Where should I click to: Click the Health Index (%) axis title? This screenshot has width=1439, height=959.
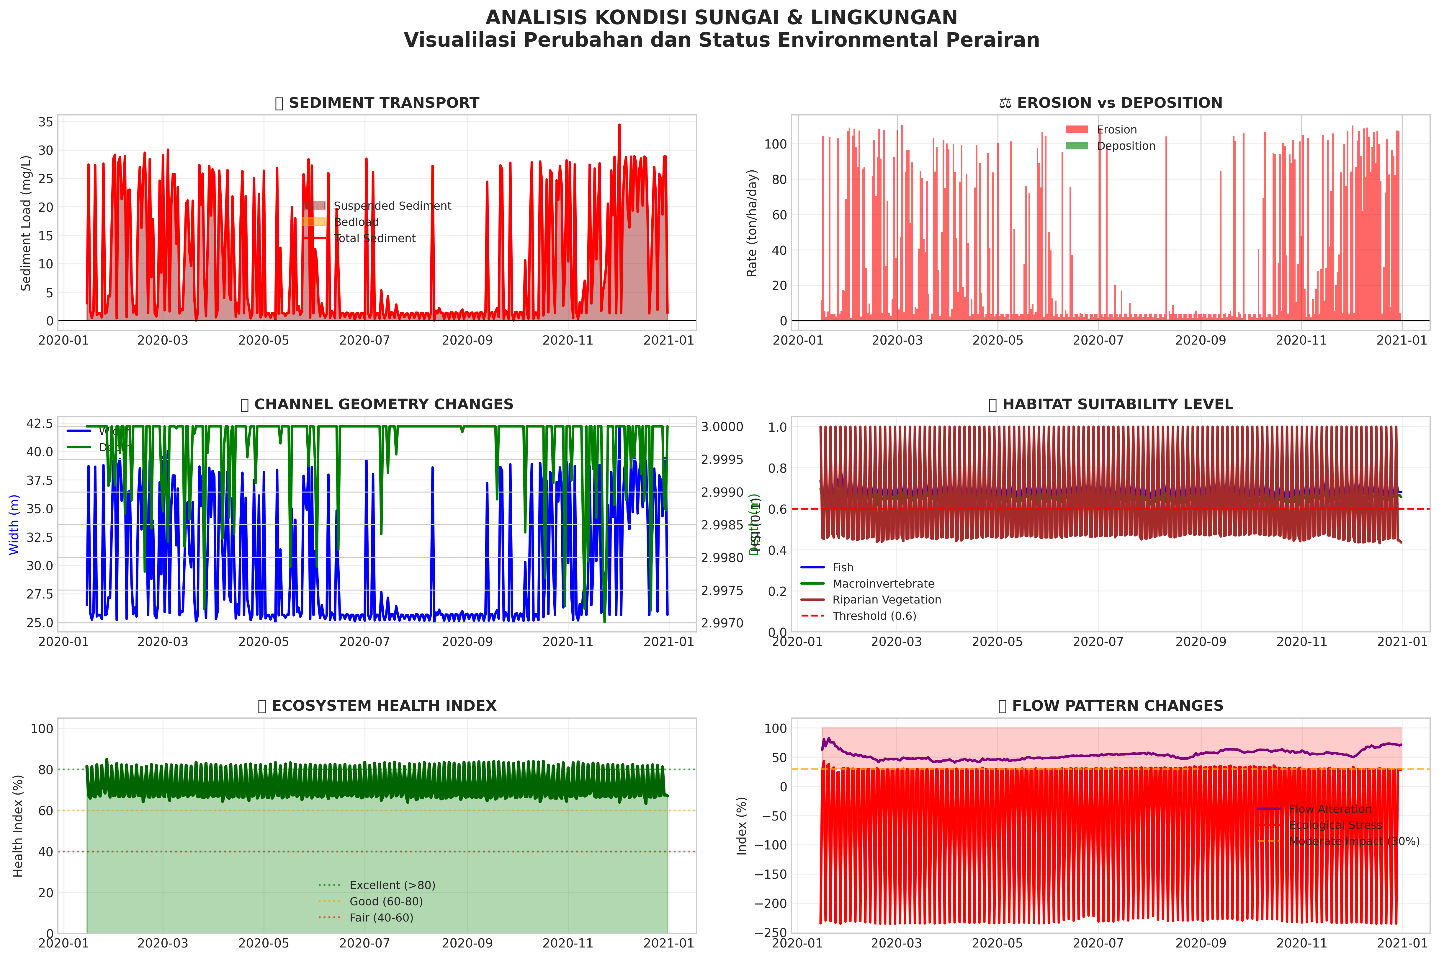(18, 826)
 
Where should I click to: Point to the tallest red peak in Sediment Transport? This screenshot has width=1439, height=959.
(619, 125)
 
